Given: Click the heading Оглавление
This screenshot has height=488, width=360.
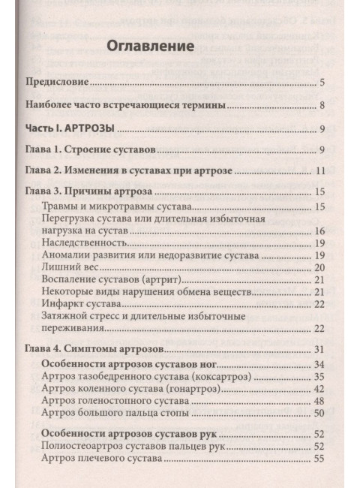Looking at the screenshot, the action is [151, 46].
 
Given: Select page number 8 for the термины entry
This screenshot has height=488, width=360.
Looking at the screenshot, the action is [321, 106].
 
